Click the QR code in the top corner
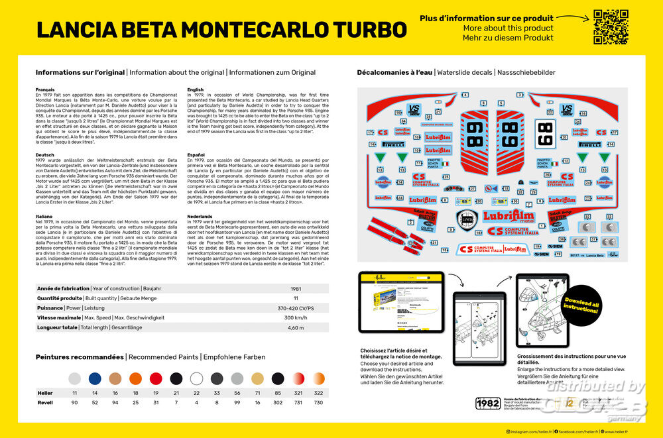point(610,27)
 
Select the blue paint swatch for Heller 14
point(95,378)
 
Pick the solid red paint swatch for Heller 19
point(156,378)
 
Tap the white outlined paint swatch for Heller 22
point(196,378)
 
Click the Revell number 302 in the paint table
point(277,403)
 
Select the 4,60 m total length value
point(295,327)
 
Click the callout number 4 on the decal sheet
point(464,95)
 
